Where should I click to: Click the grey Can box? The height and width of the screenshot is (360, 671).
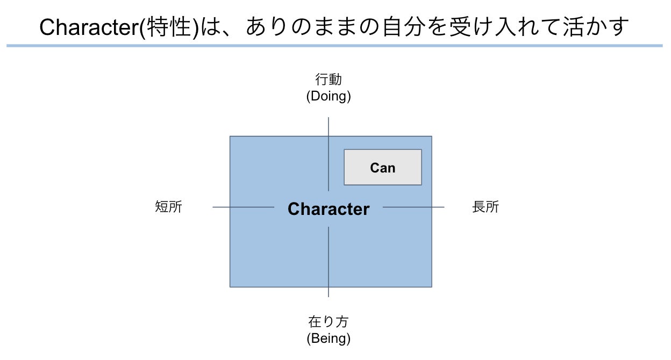382,167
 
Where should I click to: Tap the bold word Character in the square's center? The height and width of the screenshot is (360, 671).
329,209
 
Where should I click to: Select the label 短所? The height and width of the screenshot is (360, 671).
169,207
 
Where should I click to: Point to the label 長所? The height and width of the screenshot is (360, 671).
486,207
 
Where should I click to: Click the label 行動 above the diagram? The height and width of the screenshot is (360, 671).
329,80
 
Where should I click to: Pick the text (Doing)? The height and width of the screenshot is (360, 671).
329,97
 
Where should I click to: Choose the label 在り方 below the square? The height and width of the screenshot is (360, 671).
329,322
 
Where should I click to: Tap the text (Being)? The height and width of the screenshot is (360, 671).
329,339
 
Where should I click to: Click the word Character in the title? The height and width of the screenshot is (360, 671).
89,27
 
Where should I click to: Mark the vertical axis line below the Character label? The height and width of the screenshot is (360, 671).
329,262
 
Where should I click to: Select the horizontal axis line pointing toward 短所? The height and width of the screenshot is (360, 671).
243,207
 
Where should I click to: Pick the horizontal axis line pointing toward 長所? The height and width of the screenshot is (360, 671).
413,207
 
